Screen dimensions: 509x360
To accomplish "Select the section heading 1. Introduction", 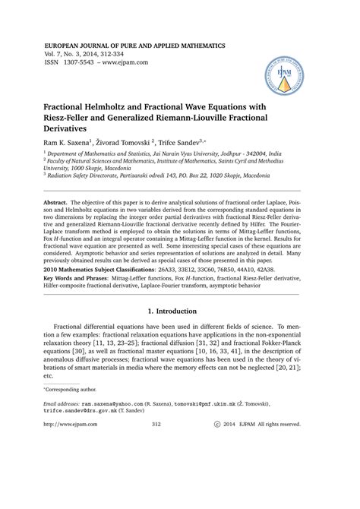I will [180, 330].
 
